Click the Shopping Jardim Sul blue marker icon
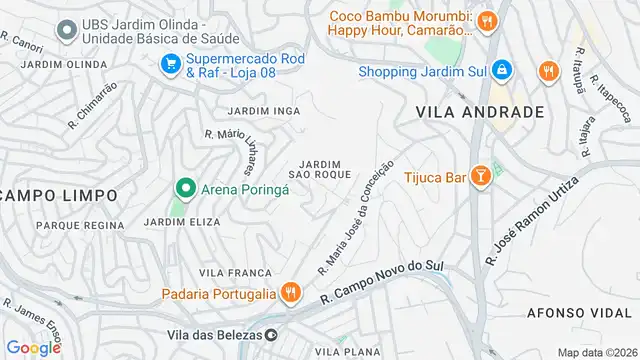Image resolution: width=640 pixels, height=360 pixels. tap(502, 70)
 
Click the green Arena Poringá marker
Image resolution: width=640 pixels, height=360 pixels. tap(184, 187)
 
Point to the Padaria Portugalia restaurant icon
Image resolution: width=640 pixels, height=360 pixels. tap(290, 293)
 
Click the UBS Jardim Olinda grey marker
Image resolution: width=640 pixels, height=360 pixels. tap(68, 30)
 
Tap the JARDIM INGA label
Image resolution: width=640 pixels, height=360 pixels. tap(263, 110)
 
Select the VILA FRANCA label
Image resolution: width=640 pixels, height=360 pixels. tap(235, 272)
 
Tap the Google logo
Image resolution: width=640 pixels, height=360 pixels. tap(34, 347)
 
